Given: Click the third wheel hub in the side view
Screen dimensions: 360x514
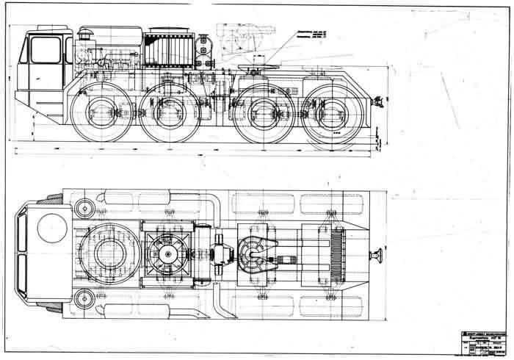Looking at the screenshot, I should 261,116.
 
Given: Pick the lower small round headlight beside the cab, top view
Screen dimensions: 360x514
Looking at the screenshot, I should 83,298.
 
